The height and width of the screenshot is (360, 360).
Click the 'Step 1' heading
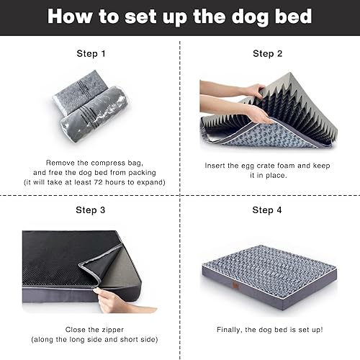pos(91,53)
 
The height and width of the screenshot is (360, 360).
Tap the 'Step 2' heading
pos(267,53)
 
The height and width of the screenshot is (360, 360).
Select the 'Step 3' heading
pos(91,210)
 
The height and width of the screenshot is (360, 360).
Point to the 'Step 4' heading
pos(267,210)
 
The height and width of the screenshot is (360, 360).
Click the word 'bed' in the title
pos(295,17)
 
